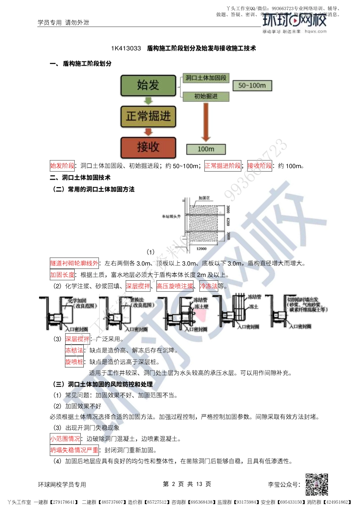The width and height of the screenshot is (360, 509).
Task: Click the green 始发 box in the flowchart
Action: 148,85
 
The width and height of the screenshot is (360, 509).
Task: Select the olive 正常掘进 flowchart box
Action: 148,116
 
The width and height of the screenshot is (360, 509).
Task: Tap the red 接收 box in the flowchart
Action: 148,147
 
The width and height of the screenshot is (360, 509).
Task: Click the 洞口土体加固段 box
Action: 206,78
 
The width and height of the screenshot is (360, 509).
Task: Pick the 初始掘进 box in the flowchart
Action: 206,97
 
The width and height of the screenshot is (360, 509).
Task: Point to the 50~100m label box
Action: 252,86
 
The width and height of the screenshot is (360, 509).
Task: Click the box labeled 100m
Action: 206,149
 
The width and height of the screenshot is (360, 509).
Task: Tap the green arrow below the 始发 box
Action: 148,101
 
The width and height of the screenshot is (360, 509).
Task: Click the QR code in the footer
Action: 317,484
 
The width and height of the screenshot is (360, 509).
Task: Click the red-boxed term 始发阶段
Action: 63,166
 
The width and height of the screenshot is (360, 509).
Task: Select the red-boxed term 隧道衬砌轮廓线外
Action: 74,263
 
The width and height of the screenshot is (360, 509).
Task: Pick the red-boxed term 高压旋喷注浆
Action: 175,286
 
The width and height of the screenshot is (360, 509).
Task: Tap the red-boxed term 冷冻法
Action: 209,286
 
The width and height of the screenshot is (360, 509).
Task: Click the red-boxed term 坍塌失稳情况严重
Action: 74,450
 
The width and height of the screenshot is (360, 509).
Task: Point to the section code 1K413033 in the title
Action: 126,48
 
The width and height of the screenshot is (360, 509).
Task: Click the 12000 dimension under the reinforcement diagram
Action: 201,249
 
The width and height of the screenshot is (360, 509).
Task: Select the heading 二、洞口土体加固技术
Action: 80,178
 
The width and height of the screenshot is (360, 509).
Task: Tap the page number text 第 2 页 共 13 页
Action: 187,484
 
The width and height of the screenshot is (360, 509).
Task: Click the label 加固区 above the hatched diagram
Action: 204,198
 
